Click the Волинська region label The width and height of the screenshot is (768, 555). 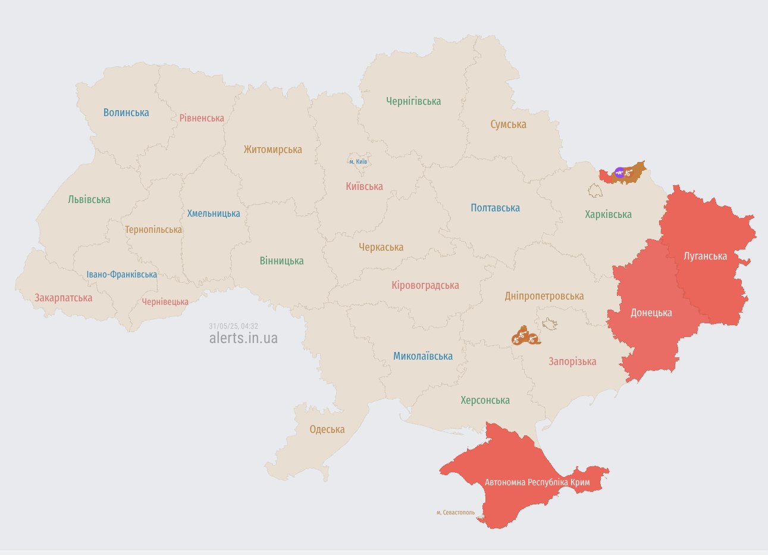click(x=126, y=113)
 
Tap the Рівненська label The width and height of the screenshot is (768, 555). click(x=202, y=118)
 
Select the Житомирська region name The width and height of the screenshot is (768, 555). click(x=272, y=149)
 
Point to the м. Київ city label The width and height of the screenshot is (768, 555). click(x=358, y=161)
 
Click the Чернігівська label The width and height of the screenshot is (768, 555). click(x=413, y=101)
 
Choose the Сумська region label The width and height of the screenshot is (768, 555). click(x=508, y=124)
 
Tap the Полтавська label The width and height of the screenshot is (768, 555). click(x=495, y=208)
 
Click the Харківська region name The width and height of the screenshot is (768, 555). click(x=608, y=214)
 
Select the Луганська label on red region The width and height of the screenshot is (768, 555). click(x=705, y=256)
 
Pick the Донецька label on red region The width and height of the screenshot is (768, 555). click(x=651, y=313)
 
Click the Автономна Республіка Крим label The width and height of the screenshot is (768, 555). click(x=537, y=482)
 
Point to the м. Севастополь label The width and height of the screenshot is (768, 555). click(x=456, y=512)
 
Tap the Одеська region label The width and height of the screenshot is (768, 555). click(x=327, y=429)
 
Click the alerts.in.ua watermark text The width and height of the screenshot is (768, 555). click(x=243, y=338)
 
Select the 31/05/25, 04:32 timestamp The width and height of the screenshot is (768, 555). click(x=233, y=326)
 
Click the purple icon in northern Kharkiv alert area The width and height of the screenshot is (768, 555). click(x=619, y=173)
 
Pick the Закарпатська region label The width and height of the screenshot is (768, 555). click(x=63, y=298)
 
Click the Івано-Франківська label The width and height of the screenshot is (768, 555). click(x=121, y=275)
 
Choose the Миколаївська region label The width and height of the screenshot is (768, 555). click(x=422, y=356)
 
